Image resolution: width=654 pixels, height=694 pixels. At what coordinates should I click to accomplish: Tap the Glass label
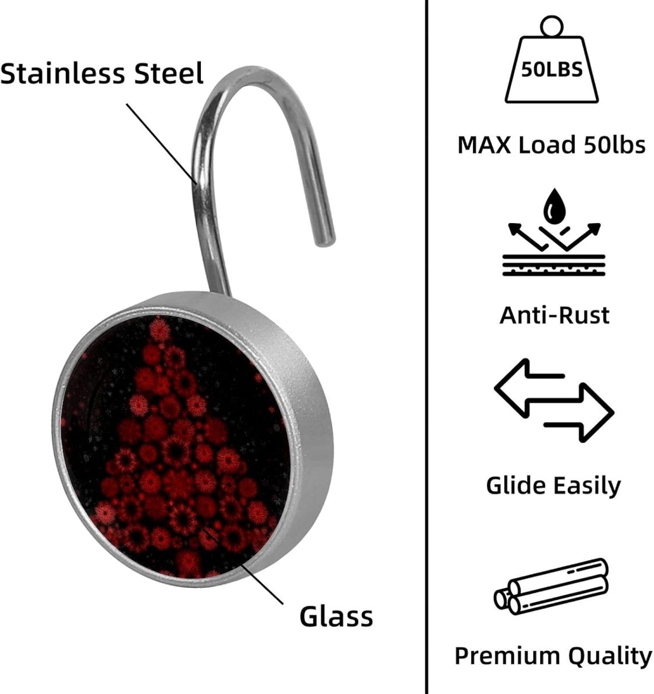coord(336,616)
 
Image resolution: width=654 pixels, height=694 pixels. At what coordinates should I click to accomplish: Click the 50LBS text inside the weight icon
coord(552,70)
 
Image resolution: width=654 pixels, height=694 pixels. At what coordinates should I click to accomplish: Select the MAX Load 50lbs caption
coord(551,145)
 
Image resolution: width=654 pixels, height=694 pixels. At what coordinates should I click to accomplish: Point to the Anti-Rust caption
coord(554,316)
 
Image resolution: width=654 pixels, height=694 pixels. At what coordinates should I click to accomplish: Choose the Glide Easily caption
coord(554,486)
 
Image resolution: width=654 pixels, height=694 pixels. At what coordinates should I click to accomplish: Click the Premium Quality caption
coord(553,656)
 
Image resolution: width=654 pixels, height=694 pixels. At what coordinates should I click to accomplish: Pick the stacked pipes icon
coord(551,587)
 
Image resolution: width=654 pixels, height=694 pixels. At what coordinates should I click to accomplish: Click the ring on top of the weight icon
coord(551,25)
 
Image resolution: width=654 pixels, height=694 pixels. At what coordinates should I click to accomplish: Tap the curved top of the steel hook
coord(250,76)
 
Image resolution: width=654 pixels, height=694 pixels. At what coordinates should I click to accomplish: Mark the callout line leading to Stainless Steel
coord(162,143)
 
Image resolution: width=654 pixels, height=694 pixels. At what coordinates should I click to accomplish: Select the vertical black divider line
coord(426,347)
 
